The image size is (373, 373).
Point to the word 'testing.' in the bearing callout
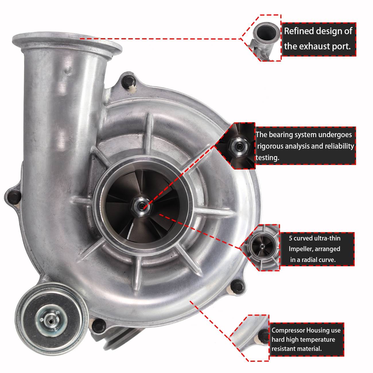coord(267,158)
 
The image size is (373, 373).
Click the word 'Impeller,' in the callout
coord(302,249)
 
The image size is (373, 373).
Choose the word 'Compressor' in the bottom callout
coord(288,330)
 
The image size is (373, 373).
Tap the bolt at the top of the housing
coord(127,81)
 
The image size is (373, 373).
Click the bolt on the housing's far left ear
coord(13,197)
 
